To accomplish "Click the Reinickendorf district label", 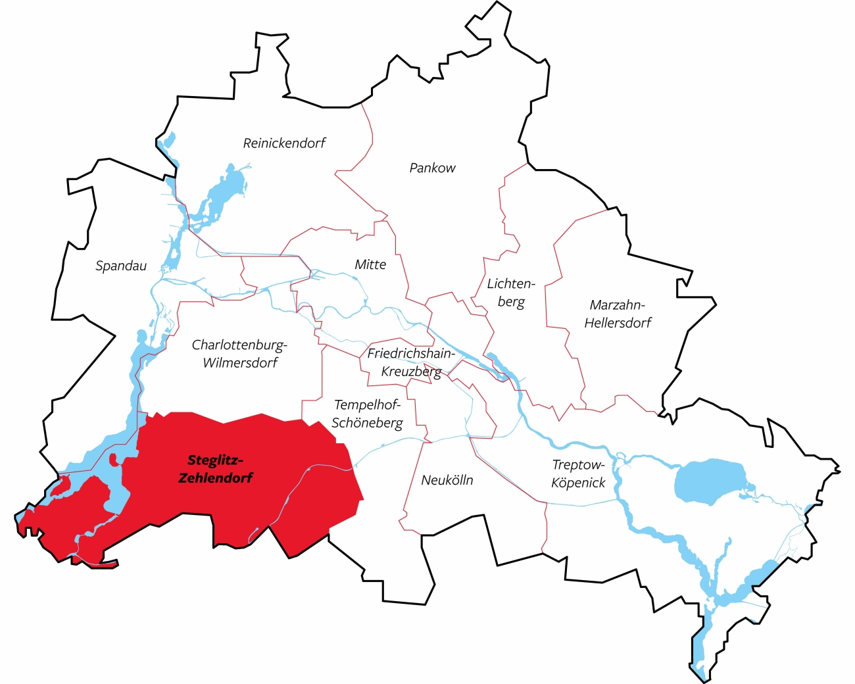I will tap(284, 143).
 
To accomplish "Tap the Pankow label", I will tap(432, 168).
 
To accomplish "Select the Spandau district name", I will tap(121, 266).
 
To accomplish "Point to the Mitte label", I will tap(370, 264).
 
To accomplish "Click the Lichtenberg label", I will tap(511, 293).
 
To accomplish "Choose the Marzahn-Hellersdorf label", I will tap(618, 314).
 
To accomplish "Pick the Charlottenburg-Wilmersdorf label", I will tap(240, 353).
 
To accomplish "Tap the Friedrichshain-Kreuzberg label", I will tap(411, 362).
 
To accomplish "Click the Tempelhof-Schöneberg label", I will tap(367, 414).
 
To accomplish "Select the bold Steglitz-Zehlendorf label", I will tap(215, 469).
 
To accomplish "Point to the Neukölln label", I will tap(447, 480).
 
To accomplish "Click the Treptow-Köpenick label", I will tap(578, 474).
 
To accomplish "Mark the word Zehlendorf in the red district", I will tap(215, 478).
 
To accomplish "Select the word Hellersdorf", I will tap(618, 323).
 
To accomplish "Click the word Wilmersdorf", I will tap(240, 362).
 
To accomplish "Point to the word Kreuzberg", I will tap(411, 372).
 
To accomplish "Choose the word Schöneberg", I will tap(367, 423).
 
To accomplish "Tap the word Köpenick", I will tap(578, 483).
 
